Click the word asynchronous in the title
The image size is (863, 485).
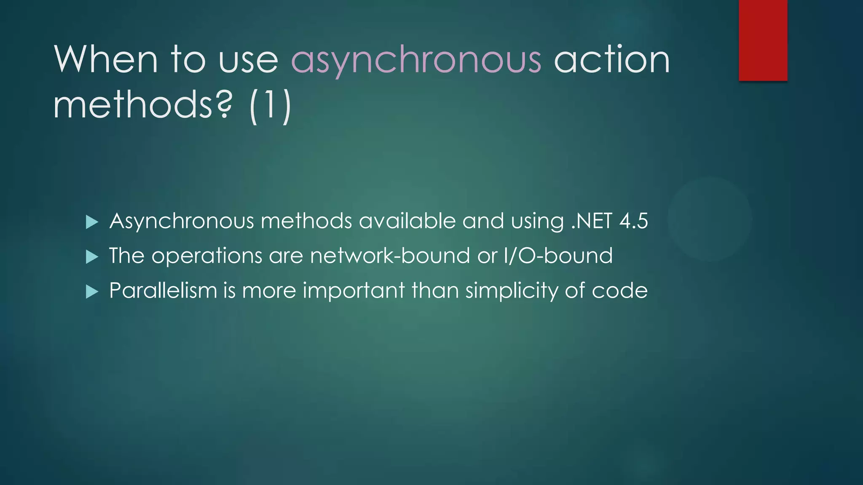[x=416, y=60]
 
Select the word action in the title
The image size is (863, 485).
[x=611, y=60]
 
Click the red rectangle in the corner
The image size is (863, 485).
[x=763, y=40]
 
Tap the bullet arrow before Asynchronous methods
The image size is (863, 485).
[x=92, y=222]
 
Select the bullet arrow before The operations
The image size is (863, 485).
[x=92, y=256]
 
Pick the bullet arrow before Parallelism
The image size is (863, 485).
[x=92, y=291]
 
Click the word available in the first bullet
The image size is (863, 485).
[x=407, y=221]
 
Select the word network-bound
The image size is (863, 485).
[x=390, y=256]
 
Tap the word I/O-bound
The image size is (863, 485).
[x=558, y=256]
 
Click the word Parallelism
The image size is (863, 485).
[x=163, y=290]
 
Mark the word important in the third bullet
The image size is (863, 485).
[x=354, y=290]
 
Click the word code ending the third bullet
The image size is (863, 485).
[x=619, y=290]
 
